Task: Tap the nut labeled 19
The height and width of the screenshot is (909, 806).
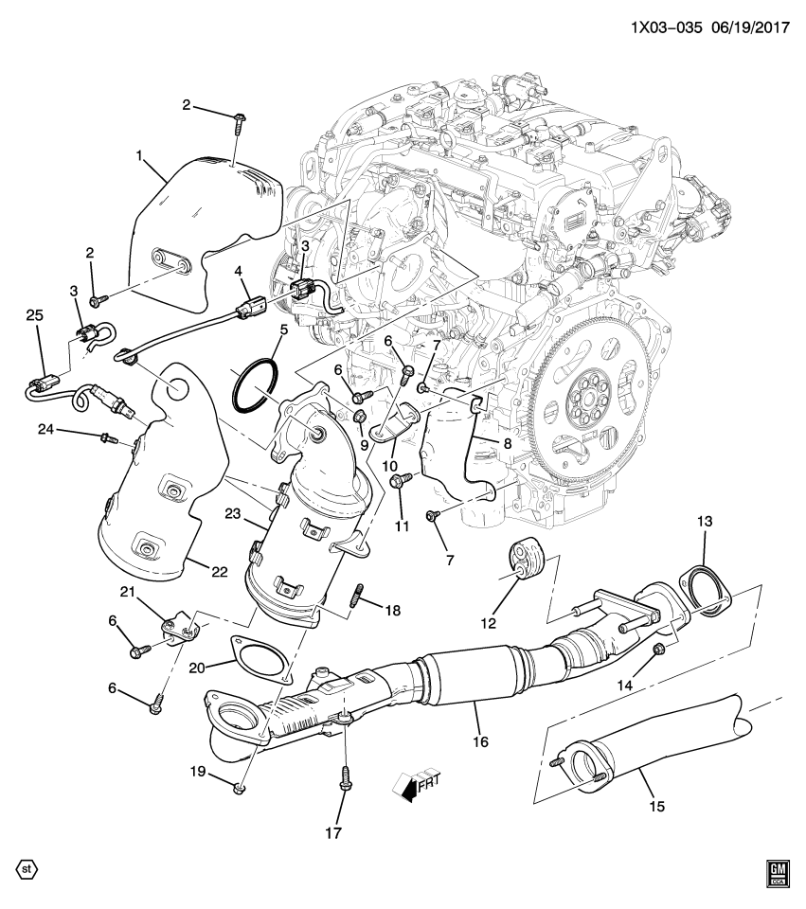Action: (240, 787)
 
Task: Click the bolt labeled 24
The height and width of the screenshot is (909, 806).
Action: (107, 437)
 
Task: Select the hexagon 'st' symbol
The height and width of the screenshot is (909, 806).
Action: (27, 867)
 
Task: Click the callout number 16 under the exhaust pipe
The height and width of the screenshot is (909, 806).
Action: (480, 742)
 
